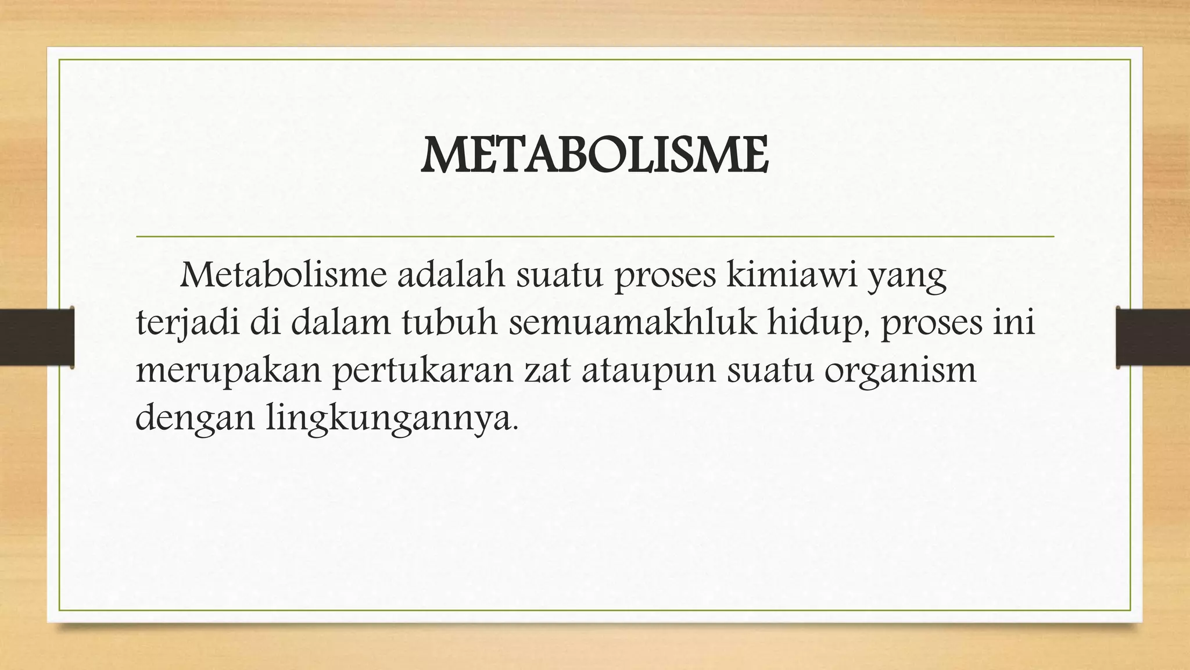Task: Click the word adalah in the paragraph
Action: [451, 276]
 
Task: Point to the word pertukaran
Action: [423, 371]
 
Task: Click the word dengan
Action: [195, 419]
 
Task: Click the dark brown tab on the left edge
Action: [37, 337]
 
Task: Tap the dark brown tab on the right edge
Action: [1153, 337]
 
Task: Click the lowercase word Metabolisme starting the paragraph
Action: [284, 276]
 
